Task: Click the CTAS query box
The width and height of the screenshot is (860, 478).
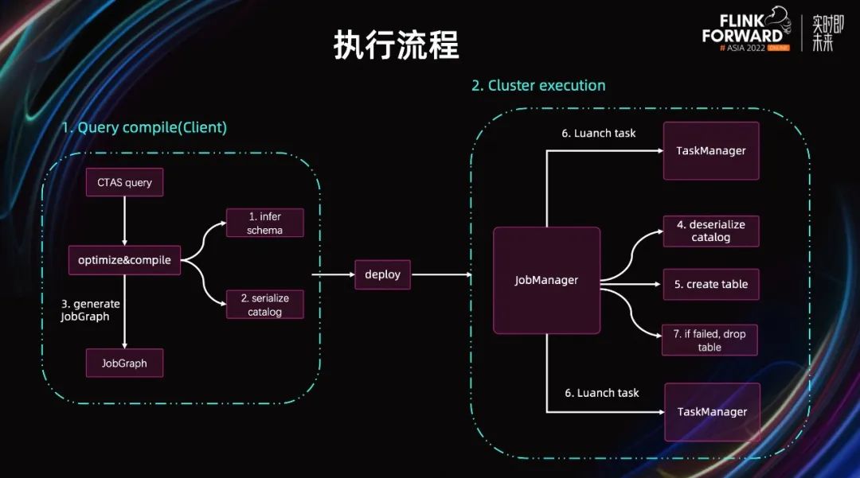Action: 124,183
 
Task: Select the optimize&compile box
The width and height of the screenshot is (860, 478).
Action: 124,260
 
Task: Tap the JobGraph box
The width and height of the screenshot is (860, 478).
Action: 124,363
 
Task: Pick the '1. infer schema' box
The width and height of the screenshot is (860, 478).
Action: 265,223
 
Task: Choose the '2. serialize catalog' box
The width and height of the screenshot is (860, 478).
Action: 265,305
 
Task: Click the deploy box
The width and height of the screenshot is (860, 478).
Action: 382,274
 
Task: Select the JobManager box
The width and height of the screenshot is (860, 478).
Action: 546,280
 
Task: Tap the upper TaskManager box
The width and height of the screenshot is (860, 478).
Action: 711,150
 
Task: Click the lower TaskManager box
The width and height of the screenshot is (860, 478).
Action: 712,412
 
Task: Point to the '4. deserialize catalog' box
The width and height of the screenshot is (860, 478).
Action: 710,231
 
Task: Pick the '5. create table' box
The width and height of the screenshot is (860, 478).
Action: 711,284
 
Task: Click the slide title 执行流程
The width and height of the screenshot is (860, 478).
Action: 396,47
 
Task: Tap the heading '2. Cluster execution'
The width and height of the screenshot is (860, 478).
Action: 538,85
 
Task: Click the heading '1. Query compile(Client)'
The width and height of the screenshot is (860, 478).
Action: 144,127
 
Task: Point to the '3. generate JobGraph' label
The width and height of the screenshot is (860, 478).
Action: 90,310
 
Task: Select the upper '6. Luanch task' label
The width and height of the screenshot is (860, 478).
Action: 599,133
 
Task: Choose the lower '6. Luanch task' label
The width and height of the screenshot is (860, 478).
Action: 602,393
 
